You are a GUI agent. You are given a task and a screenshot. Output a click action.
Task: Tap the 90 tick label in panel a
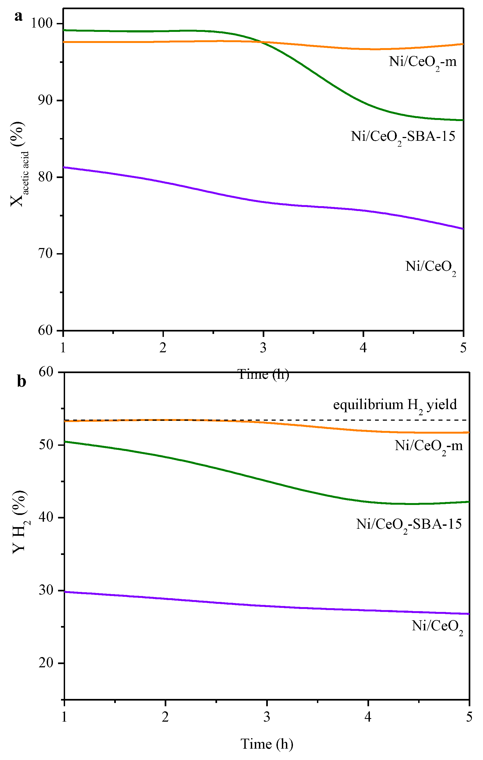(45, 100)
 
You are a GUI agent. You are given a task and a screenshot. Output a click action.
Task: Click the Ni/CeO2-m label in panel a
(423, 62)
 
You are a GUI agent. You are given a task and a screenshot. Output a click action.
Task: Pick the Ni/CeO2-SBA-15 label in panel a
(403, 137)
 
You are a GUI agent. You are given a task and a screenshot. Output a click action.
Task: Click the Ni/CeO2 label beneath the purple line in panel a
(431, 267)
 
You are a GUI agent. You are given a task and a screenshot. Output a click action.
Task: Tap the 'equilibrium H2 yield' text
(395, 405)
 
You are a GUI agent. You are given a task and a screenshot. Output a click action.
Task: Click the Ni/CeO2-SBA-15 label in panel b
(408, 525)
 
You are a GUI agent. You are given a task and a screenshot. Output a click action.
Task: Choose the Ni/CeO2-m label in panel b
(428, 446)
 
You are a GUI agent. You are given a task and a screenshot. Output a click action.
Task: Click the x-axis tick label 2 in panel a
(163, 348)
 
